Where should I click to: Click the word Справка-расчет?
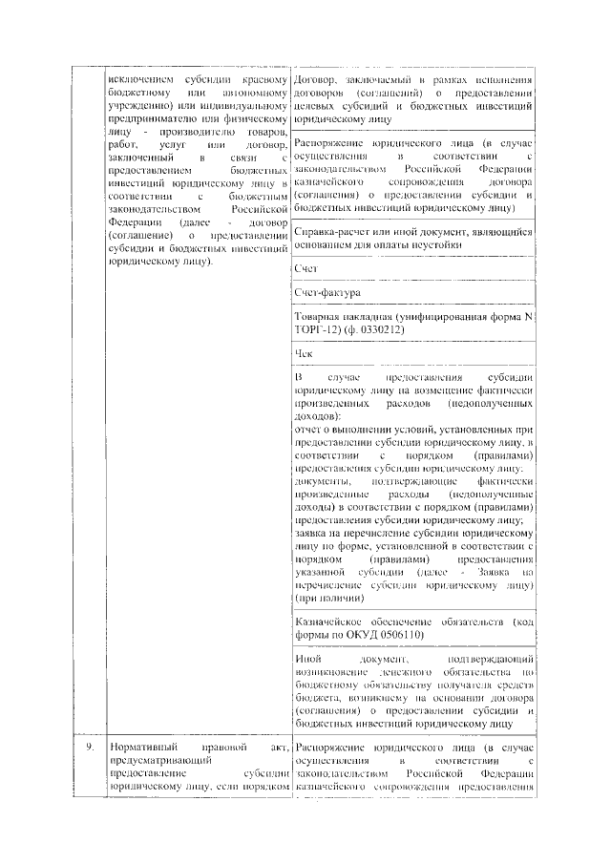click(x=333, y=232)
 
